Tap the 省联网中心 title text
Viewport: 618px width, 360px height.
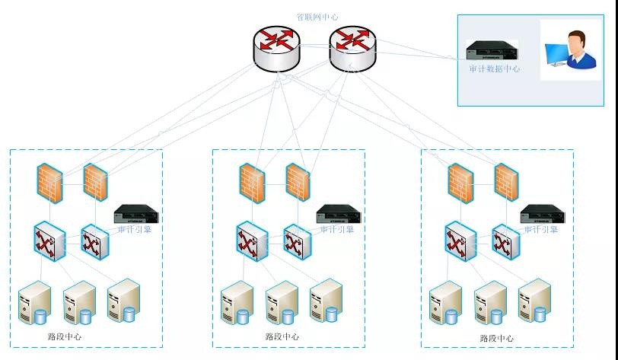(317, 17)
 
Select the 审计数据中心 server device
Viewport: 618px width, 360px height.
(492, 52)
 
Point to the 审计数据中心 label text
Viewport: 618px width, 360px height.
(495, 68)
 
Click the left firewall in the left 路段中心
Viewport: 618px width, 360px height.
(50, 183)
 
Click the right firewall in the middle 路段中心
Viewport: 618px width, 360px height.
(298, 183)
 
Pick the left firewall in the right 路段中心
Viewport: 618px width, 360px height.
(461, 183)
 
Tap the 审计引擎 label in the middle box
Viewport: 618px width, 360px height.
(337, 229)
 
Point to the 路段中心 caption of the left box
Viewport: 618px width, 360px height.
(65, 336)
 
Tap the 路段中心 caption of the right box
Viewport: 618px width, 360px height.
(496, 338)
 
